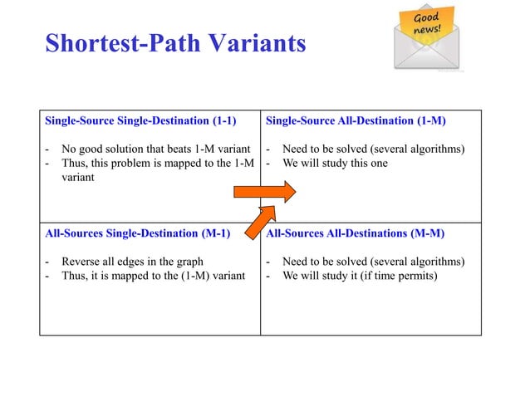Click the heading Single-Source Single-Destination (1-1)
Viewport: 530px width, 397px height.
point(140,121)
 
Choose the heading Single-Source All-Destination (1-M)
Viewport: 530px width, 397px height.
point(356,121)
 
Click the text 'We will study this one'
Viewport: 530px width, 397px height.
point(335,163)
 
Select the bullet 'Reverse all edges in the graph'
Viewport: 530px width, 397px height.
point(132,262)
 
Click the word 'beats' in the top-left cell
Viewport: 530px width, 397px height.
point(180,149)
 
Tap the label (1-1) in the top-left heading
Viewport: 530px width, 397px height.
point(220,121)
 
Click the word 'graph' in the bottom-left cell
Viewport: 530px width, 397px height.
point(188,262)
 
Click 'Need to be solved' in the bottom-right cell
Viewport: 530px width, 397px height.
point(326,262)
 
